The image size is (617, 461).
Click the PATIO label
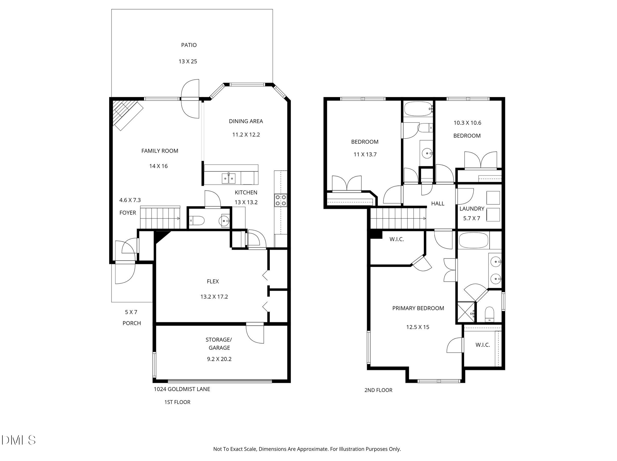pos(189,45)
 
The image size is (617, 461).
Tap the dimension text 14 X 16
pos(158,166)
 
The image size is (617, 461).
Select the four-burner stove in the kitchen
pos(281,200)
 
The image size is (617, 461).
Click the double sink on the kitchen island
pos(228,178)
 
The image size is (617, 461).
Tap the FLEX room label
pos(213,281)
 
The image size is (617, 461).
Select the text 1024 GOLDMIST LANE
pos(182,389)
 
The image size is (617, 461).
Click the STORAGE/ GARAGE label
pos(219,344)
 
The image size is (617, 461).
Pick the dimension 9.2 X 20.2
pos(219,359)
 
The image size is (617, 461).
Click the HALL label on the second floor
pos(438,204)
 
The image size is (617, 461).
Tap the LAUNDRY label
pos(472,208)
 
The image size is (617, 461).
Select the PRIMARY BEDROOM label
pos(418,308)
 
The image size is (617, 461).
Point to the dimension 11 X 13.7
pos(365,154)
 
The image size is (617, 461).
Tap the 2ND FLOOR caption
pos(378,390)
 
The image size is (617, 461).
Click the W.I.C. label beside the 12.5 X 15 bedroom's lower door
pos(483,345)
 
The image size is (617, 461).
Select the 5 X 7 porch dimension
pos(131,312)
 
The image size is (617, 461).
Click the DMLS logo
pos(18,440)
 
